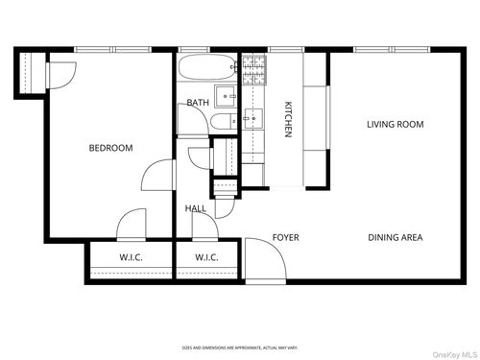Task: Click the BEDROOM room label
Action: click(x=110, y=148)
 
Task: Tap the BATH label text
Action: click(x=198, y=103)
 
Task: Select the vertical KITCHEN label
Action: click(x=287, y=120)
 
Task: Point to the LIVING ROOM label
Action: click(x=395, y=124)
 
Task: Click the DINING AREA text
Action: click(x=395, y=237)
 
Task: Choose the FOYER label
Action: click(x=286, y=237)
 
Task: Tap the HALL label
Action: click(x=195, y=208)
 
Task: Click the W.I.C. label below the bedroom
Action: click(x=131, y=257)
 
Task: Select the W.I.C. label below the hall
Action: click(x=206, y=257)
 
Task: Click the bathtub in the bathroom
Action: click(x=204, y=69)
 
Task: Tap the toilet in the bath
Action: click(x=221, y=121)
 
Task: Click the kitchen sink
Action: click(x=252, y=120)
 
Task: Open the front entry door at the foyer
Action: click(x=259, y=259)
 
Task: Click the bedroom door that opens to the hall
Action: click(x=156, y=176)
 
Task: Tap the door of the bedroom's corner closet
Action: click(x=61, y=75)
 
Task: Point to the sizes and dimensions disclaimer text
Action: click(x=240, y=347)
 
